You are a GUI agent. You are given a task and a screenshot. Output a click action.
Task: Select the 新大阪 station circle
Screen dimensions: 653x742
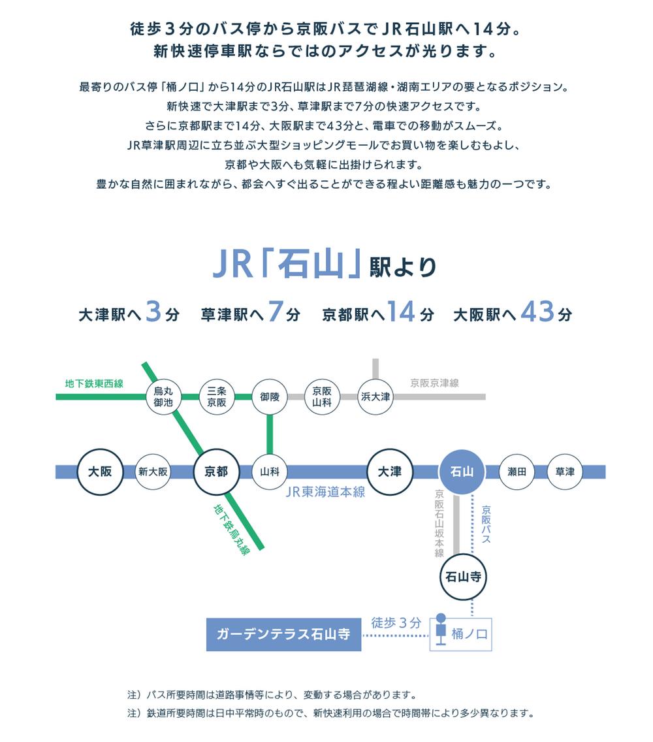pyautogui.click(x=154, y=472)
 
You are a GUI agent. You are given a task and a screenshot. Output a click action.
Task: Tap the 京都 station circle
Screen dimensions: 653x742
pyautogui.click(x=217, y=472)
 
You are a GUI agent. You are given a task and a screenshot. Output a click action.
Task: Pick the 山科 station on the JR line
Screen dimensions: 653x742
pyautogui.click(x=270, y=472)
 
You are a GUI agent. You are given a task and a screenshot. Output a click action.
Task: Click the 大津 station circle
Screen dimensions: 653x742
pyautogui.click(x=390, y=472)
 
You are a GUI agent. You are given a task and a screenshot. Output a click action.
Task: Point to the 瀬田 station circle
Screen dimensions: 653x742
pyautogui.click(x=517, y=472)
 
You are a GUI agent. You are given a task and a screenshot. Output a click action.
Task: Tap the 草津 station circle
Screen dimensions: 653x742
pyautogui.click(x=565, y=472)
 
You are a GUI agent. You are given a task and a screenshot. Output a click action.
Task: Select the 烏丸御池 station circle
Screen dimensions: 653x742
pyautogui.click(x=163, y=396)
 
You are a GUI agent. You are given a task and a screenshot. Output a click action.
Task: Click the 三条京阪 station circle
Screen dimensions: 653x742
pyautogui.click(x=217, y=396)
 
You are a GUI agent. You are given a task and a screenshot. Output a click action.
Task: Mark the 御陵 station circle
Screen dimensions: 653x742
pyautogui.click(x=270, y=396)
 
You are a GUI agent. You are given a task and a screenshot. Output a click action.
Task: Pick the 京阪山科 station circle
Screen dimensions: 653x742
pyautogui.click(x=322, y=396)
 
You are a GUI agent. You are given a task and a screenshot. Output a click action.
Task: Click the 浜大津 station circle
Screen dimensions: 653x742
pyautogui.click(x=375, y=396)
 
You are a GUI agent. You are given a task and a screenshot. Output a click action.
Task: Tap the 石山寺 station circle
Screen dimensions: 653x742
pyautogui.click(x=462, y=577)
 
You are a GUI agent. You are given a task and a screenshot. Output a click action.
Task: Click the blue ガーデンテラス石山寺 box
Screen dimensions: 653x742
pyautogui.click(x=283, y=634)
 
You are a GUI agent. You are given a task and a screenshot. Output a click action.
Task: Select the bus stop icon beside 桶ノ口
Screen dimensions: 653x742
pyautogui.click(x=441, y=628)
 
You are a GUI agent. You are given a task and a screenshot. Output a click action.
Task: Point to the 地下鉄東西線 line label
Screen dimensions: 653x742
pyautogui.click(x=94, y=383)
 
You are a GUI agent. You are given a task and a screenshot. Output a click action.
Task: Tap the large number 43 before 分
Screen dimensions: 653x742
pyautogui.click(x=537, y=312)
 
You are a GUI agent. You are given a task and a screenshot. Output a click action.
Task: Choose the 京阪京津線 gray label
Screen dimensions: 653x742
pyautogui.click(x=434, y=383)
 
